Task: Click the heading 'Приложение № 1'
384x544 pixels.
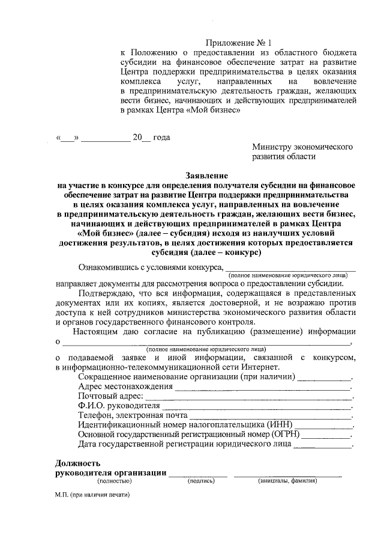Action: [239, 43]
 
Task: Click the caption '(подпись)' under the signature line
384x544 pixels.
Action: [199, 481]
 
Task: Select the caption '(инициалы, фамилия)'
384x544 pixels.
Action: [287, 481]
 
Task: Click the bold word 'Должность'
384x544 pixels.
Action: [76, 463]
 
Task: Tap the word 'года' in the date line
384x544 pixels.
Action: [161, 137]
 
